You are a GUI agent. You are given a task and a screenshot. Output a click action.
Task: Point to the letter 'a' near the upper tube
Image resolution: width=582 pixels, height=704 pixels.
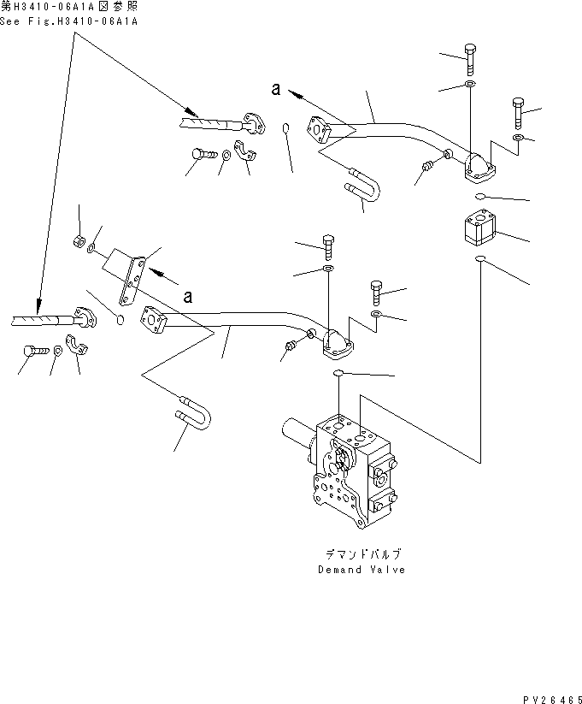(275, 89)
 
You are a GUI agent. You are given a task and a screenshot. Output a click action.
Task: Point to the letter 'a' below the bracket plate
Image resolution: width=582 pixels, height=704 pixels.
(187, 296)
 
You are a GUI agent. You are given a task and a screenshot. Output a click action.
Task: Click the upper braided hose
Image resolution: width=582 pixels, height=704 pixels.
(209, 123)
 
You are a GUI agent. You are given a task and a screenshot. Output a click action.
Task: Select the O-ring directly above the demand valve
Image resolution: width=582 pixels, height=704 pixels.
(339, 374)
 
